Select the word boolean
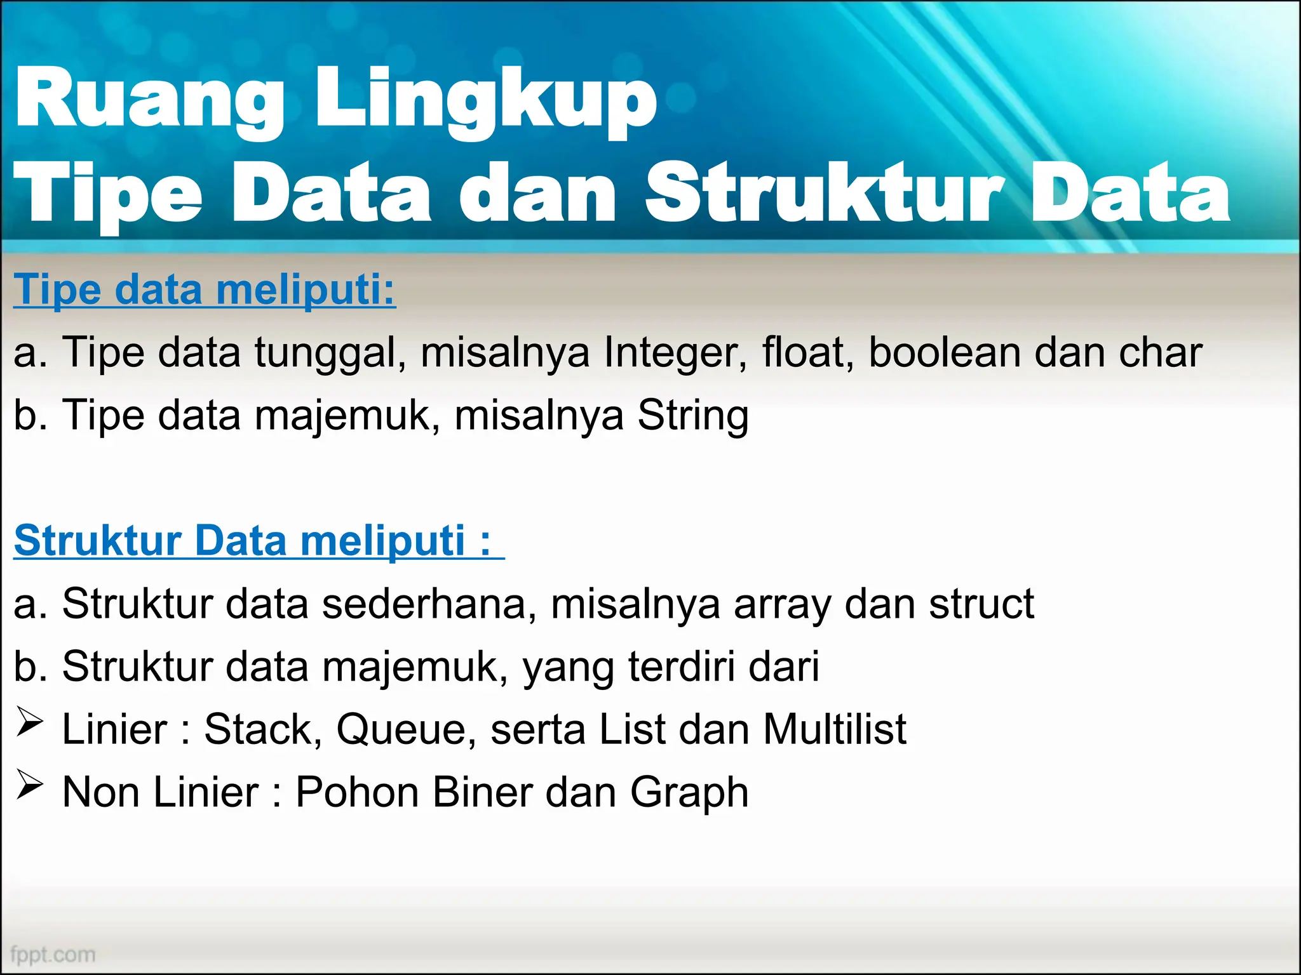pyautogui.click(x=945, y=352)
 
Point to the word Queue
pyautogui.click(x=406, y=729)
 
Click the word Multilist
pyautogui.click(x=834, y=729)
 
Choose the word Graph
pyautogui.click(x=689, y=793)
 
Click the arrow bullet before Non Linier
pyautogui.click(x=30, y=786)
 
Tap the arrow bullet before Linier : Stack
pyautogui.click(x=30, y=723)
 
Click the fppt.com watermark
pyautogui.click(x=53, y=954)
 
